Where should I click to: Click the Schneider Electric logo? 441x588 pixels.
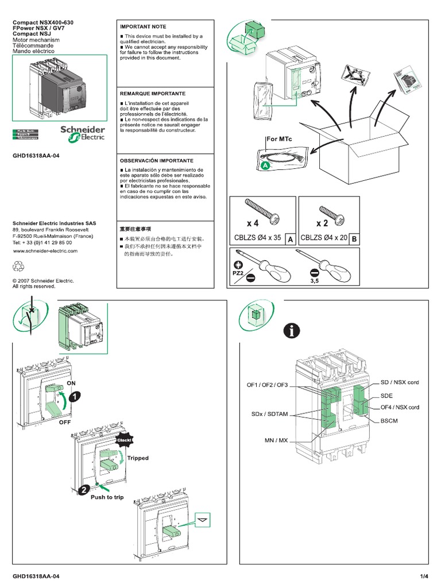click(83, 134)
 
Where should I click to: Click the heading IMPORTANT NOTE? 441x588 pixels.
click(142, 26)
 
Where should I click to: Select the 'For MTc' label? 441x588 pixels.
click(279, 139)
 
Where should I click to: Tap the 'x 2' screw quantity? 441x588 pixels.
click(322, 223)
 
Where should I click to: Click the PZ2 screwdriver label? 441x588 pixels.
click(238, 274)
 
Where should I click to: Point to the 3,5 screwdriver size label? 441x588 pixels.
click(314, 282)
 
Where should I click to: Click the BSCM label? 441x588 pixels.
click(389, 421)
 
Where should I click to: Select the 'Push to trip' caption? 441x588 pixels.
click(106, 497)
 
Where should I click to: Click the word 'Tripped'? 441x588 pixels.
click(138, 458)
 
